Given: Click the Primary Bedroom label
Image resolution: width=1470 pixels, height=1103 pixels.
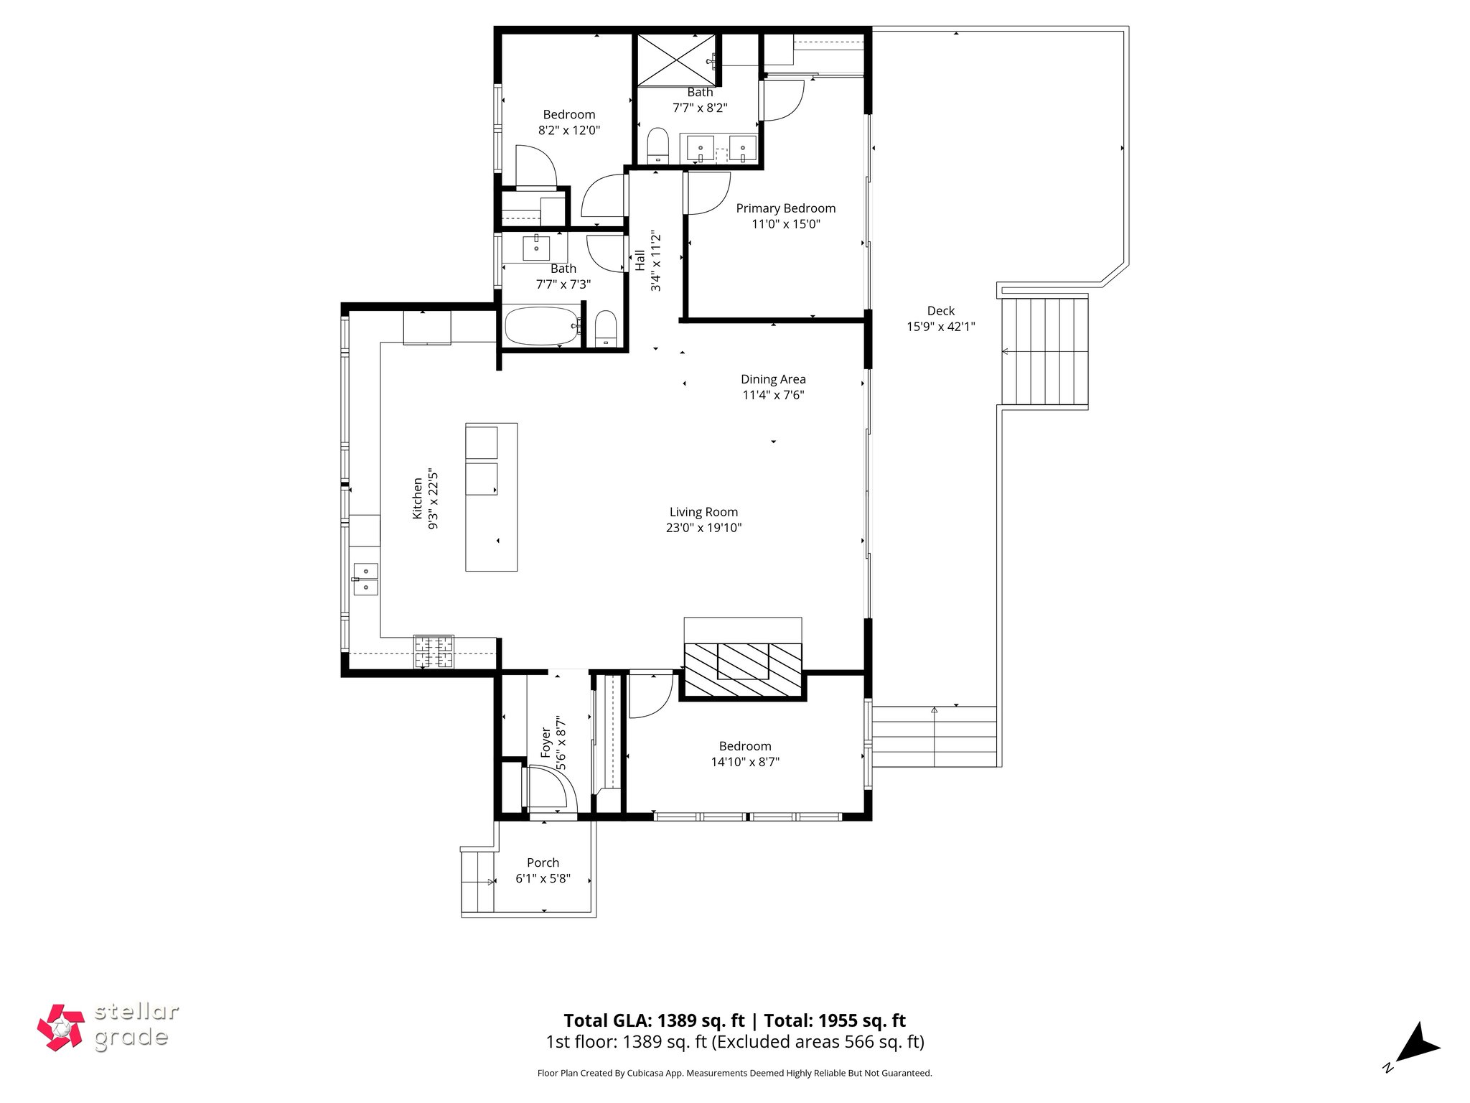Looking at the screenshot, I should click(x=785, y=208).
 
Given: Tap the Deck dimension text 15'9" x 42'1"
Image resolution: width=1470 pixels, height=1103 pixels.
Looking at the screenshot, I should click(x=940, y=327).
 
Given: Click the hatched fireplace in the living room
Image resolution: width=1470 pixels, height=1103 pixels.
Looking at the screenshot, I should click(x=743, y=670).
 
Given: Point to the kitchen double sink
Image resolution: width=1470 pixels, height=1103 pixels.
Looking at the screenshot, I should click(x=365, y=580).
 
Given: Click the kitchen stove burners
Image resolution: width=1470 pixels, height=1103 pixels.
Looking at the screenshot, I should click(x=434, y=652).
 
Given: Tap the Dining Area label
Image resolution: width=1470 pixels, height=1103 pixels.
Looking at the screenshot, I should click(x=773, y=379).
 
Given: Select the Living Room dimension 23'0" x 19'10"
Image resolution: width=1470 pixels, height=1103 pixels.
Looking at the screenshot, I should click(x=703, y=528).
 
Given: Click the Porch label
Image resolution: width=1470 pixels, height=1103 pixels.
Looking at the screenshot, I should click(x=543, y=862).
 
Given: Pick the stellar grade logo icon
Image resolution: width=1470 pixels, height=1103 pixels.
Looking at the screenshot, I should click(x=61, y=1028).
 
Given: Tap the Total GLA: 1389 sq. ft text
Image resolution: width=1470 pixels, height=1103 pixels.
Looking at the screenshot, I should click(x=654, y=1020).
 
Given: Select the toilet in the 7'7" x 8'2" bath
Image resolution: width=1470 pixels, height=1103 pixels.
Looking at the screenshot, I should click(x=657, y=146).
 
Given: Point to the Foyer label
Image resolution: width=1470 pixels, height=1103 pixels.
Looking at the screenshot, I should click(x=546, y=743).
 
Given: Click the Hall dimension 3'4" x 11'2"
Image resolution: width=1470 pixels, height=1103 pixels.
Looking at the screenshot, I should click(x=655, y=262).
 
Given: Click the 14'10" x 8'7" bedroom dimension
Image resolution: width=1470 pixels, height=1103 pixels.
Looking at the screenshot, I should click(x=745, y=762).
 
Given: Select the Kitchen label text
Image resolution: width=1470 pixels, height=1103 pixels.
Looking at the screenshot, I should click(x=417, y=498).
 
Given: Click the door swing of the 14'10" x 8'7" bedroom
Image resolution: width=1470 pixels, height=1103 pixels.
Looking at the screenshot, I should click(x=650, y=694).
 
